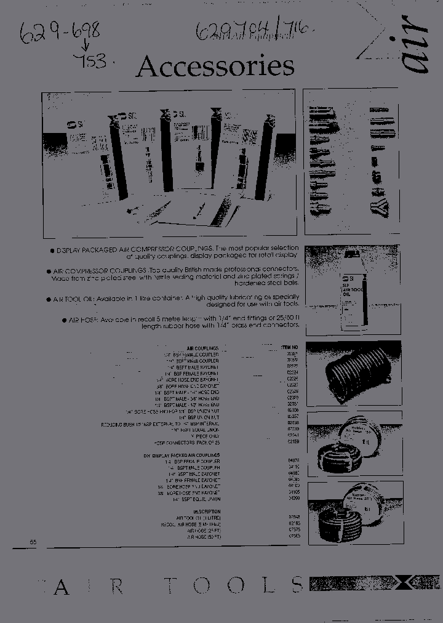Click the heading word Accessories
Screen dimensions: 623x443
[x=215, y=67]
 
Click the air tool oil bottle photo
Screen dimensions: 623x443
[x=353, y=287]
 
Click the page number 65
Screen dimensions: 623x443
[x=33, y=542]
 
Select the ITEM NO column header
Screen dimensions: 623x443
[x=290, y=347]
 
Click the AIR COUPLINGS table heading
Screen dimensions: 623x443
[x=202, y=348]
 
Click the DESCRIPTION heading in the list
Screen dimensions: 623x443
[x=206, y=512]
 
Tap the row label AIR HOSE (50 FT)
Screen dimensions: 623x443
[x=204, y=537]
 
